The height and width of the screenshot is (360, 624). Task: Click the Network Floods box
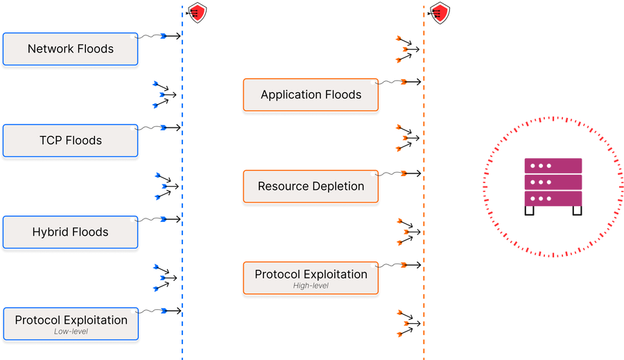[x=70, y=49]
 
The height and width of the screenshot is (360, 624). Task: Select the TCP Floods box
[x=70, y=140]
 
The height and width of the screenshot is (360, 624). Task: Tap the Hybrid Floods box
[x=70, y=232]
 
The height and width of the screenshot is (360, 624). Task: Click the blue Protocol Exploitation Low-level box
[x=71, y=323]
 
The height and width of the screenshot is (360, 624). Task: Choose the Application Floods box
[x=311, y=94]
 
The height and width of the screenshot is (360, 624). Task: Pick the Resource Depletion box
[x=311, y=186]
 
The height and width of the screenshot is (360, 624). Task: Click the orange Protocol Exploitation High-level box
[x=311, y=277]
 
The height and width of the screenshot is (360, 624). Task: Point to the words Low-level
[x=71, y=332]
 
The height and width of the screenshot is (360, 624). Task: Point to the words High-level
[x=311, y=285]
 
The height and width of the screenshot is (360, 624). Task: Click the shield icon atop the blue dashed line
[x=198, y=12]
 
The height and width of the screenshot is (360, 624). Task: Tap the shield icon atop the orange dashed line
[x=439, y=12]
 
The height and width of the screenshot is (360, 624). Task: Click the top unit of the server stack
[x=553, y=166]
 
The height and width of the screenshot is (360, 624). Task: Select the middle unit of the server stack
[x=553, y=182]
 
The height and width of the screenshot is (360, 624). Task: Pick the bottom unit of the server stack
[x=553, y=198]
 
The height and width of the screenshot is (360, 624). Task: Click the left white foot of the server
[x=529, y=209]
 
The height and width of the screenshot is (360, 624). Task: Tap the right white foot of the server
[x=577, y=209]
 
